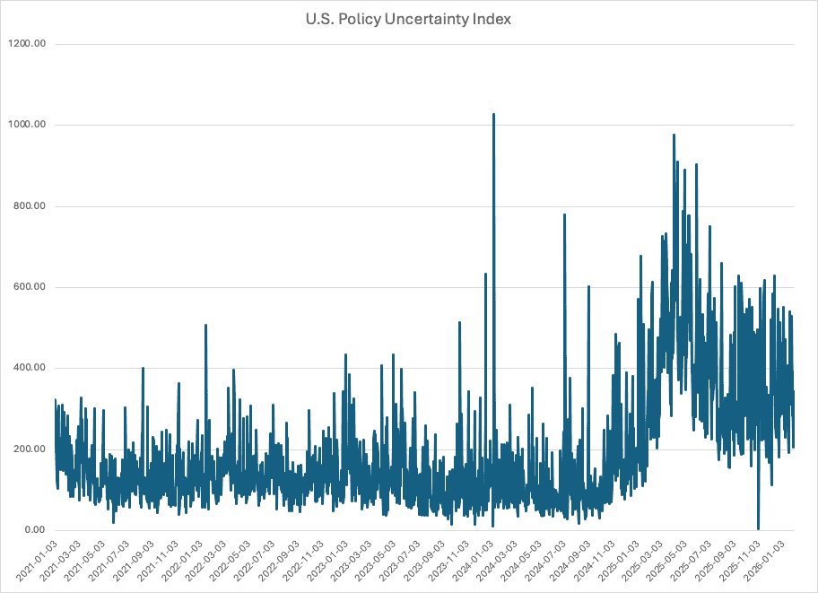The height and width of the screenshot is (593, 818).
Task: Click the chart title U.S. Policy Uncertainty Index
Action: (x=408, y=19)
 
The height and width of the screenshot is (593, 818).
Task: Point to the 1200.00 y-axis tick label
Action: (x=26, y=44)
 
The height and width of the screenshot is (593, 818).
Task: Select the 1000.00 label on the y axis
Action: (x=26, y=125)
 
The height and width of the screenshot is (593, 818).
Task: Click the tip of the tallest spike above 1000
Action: (x=493, y=115)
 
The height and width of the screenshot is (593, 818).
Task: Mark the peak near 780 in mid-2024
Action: (x=564, y=215)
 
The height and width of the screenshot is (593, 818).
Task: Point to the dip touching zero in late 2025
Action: (x=758, y=528)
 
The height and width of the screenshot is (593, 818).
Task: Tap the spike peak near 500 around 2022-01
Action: (x=205, y=326)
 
